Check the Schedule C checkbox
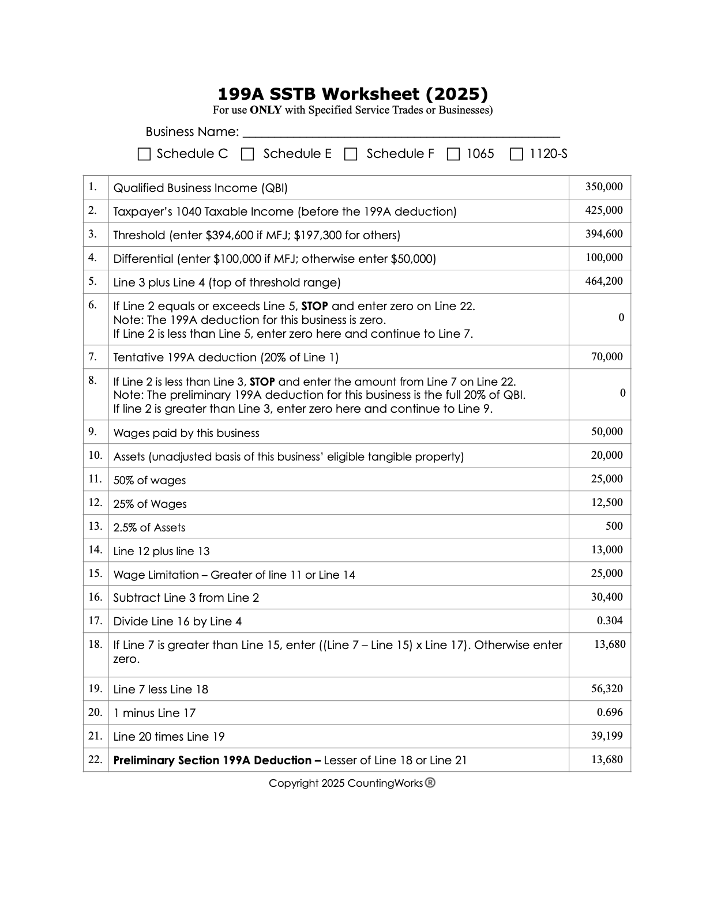(x=144, y=154)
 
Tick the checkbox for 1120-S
(x=517, y=154)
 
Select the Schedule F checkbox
(x=351, y=154)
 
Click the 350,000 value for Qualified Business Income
(x=604, y=187)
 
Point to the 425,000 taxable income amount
(x=604, y=210)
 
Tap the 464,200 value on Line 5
(x=604, y=281)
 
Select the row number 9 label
(x=92, y=432)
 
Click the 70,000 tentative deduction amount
(x=607, y=357)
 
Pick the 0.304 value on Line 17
(x=610, y=621)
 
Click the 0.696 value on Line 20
(x=610, y=712)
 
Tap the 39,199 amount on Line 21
(x=607, y=736)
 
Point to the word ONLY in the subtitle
(x=266, y=110)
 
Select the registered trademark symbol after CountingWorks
(x=430, y=783)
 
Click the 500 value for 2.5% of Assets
(x=614, y=526)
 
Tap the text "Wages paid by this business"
(x=186, y=433)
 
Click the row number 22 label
(x=95, y=760)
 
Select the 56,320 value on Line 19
(x=607, y=689)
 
